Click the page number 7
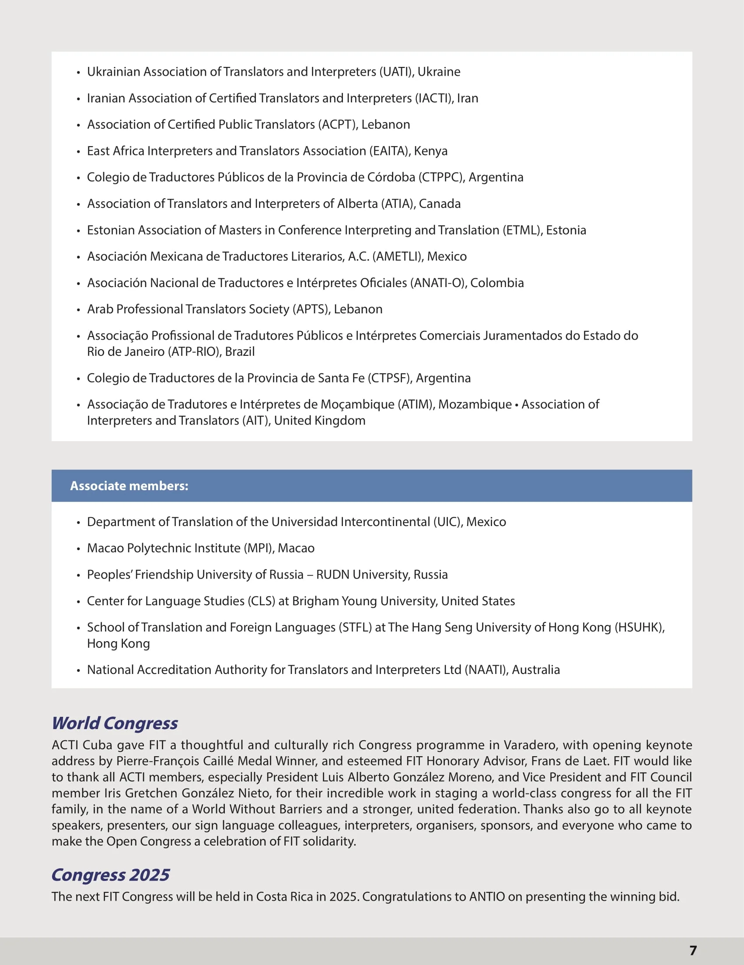coord(693,950)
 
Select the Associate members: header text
coord(129,486)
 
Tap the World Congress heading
coord(114,723)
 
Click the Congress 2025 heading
coord(110,874)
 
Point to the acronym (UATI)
coord(396,72)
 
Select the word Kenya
coord(430,151)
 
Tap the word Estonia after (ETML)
coord(566,230)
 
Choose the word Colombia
coord(497,283)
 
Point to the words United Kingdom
coord(320,421)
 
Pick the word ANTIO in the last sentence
coord(486,897)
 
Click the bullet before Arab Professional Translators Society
coord(79,310)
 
